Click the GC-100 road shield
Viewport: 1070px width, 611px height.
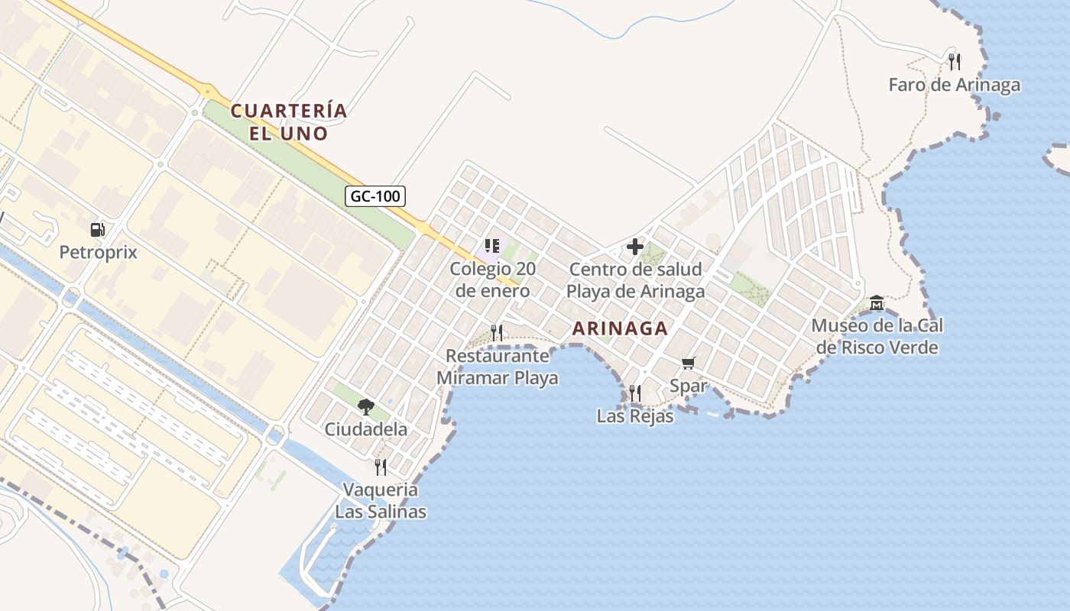click(x=374, y=196)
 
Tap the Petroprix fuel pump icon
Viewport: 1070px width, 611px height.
click(x=98, y=229)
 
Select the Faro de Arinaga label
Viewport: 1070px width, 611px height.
click(x=954, y=85)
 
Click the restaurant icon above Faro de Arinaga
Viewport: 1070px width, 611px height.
click(x=954, y=61)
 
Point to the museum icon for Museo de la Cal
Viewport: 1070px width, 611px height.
click(x=877, y=303)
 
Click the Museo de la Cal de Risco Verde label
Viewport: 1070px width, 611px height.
click(x=877, y=337)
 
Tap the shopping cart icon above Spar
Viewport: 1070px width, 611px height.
click(x=689, y=363)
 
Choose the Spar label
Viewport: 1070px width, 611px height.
click(x=689, y=386)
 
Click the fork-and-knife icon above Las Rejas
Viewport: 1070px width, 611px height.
click(x=635, y=393)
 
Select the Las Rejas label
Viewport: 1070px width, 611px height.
click(x=635, y=416)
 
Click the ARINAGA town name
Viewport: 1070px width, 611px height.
click(x=620, y=329)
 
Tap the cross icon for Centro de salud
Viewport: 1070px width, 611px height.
click(x=635, y=247)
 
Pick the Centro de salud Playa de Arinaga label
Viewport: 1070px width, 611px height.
click(x=635, y=280)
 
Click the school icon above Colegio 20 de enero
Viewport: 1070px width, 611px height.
click(x=492, y=246)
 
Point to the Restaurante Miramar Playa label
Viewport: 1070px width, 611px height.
click(x=497, y=367)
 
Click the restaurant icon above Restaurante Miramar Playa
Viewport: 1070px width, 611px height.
click(x=497, y=332)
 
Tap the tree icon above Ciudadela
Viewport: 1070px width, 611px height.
click(x=366, y=406)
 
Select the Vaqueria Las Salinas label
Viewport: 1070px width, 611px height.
click(x=381, y=500)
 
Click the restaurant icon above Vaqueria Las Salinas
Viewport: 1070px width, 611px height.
click(x=381, y=467)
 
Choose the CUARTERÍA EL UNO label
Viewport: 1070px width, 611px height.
click(x=289, y=122)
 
